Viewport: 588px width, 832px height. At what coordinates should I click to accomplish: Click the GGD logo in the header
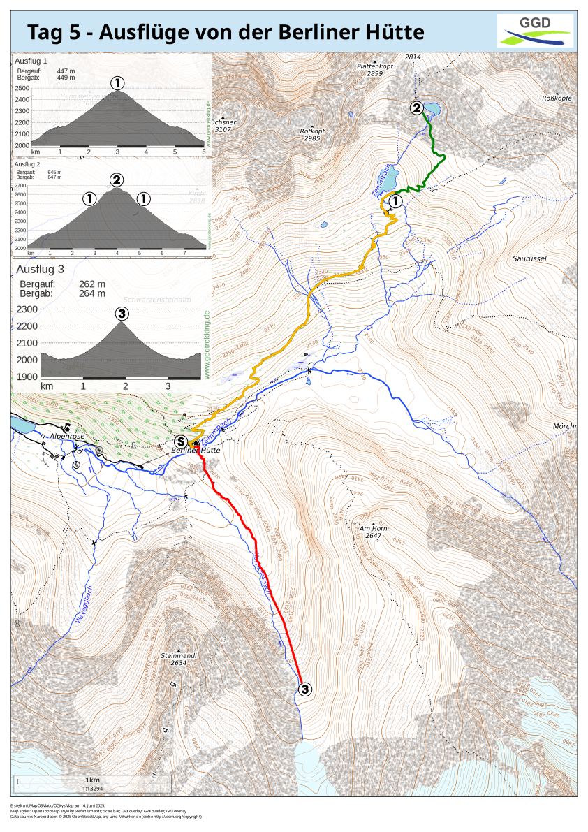click(535, 31)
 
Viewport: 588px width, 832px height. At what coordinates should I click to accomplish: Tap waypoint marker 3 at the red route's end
click(304, 689)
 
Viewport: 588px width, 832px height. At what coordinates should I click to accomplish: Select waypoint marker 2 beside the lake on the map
click(417, 108)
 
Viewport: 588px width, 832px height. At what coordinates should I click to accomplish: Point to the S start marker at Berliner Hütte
click(181, 442)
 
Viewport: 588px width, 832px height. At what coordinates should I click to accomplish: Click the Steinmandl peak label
click(178, 657)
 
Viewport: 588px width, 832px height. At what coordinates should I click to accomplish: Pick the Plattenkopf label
click(376, 67)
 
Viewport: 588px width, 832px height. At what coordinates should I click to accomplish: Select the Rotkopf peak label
click(310, 131)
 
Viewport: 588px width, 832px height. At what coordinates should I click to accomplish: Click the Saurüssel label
click(529, 258)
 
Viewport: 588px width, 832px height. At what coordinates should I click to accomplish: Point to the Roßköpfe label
click(557, 98)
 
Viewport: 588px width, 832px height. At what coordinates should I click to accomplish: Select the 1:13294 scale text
click(92, 789)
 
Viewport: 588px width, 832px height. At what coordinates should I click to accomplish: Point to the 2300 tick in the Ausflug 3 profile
click(27, 309)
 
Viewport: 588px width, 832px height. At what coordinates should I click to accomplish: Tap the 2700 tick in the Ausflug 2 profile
click(20, 186)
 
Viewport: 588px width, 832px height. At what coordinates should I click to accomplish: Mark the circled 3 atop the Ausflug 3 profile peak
click(122, 314)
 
